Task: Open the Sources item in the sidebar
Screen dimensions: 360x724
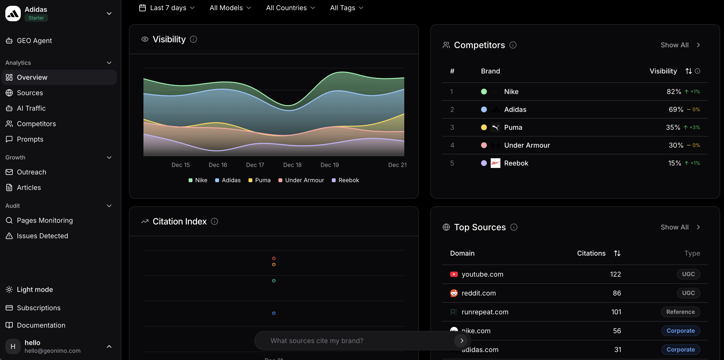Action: [30, 93]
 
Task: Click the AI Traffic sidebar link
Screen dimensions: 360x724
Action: [31, 108]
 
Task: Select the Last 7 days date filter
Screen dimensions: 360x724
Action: [168, 8]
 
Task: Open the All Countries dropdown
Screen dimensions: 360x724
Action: [290, 8]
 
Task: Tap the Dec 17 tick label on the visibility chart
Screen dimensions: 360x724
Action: [255, 165]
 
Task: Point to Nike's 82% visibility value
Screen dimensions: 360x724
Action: [674, 92]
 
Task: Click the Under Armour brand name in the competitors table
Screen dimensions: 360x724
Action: [527, 145]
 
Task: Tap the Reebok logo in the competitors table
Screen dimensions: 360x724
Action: [495, 163]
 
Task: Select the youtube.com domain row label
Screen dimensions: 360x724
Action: [482, 274]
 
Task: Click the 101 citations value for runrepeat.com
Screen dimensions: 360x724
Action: [616, 312]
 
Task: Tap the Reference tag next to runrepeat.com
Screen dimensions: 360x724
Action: [680, 312]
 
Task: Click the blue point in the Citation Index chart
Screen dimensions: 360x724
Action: [274, 313]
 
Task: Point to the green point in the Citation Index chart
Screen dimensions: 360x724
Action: [274, 281]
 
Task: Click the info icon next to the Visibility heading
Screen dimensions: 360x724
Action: [193, 39]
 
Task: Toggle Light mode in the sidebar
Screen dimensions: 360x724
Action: [35, 290]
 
